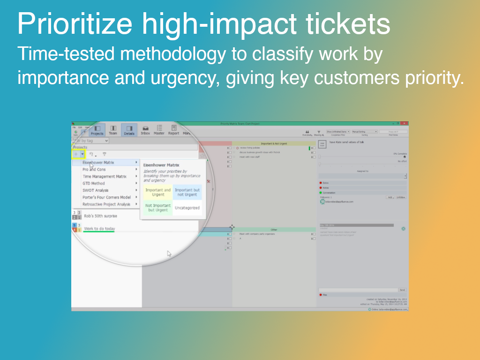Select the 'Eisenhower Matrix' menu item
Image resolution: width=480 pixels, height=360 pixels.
98,163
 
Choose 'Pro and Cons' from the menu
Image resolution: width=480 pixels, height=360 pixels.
94,170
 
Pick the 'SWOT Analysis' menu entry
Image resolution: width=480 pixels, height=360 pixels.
96,190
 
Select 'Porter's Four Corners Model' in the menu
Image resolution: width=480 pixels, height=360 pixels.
106,197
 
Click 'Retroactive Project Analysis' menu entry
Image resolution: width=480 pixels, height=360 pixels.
106,204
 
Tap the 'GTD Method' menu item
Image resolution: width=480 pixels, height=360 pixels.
94,183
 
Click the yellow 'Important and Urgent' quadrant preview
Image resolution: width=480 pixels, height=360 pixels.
158,192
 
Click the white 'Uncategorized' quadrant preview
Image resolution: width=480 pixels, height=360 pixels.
187,208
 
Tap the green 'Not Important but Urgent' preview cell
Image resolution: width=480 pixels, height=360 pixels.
158,208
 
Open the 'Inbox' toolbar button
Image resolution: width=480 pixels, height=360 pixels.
145,130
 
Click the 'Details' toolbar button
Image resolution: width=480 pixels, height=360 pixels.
129,130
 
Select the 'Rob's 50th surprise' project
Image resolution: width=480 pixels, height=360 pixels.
100,216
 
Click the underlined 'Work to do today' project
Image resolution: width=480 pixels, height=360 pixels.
99,229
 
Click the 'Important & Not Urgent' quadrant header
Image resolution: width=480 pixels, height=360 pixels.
274,143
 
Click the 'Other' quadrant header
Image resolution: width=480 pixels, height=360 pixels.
274,230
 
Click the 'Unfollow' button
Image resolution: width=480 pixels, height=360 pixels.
401,197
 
